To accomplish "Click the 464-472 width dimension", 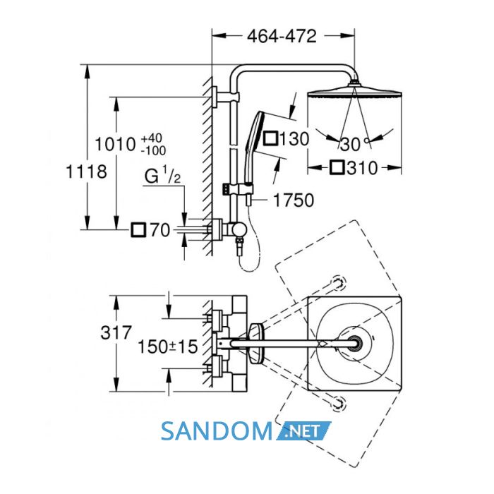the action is (282, 36).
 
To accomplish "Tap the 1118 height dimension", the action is (86, 171).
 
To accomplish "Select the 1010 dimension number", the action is (115, 145).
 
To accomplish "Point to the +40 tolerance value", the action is (152, 138).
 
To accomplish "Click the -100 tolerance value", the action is (153, 150).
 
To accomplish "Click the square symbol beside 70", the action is (138, 230).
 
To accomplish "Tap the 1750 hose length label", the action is (294, 200).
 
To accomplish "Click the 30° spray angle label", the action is (354, 144).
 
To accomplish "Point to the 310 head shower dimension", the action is (362, 168).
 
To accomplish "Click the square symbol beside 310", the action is (337, 168).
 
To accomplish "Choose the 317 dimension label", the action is (116, 332).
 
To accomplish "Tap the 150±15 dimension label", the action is (168, 347).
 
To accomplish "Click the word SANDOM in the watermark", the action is (217, 431).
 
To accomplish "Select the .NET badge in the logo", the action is (304, 431).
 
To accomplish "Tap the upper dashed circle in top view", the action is (339, 282).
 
